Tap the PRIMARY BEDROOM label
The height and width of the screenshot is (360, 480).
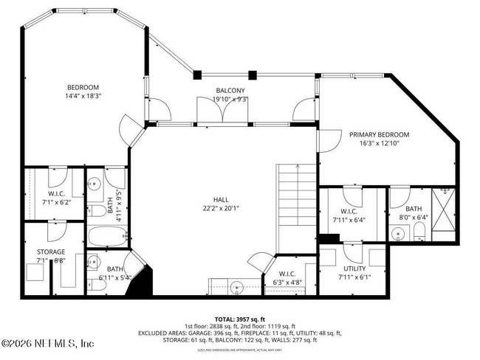click(379, 134)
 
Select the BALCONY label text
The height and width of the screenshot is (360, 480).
click(230, 91)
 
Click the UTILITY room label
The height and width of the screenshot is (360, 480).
click(354, 269)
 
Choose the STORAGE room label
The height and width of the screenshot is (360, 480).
click(50, 252)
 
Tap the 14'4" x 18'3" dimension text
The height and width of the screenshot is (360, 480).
click(82, 95)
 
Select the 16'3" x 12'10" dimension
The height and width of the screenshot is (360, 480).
click(379, 143)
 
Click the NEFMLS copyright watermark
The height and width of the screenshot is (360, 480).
click(48, 344)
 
